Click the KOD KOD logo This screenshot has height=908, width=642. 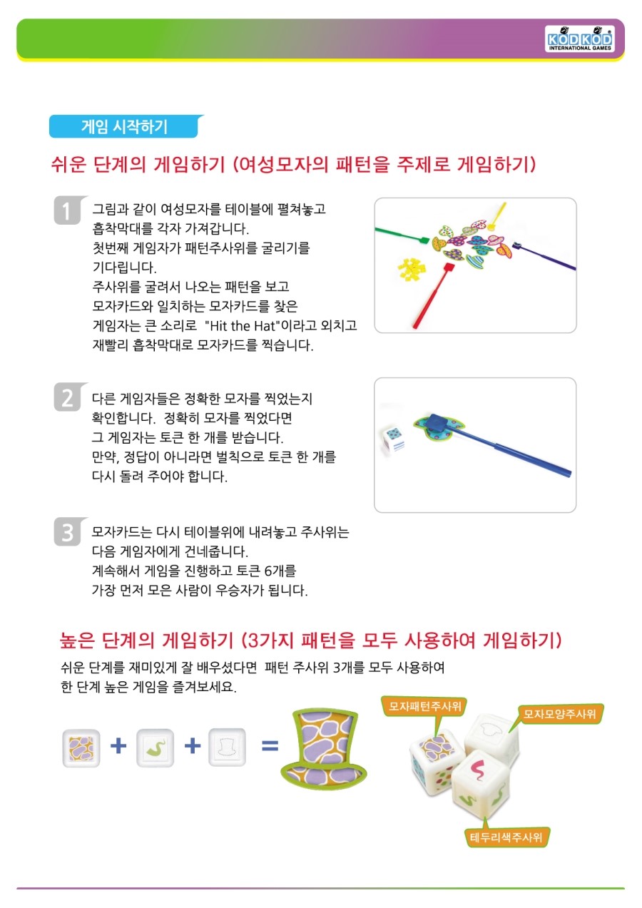click(579, 39)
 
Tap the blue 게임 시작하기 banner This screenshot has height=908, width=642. click(126, 126)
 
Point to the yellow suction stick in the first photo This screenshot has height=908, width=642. click(497, 215)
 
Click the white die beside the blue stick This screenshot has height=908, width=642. click(393, 438)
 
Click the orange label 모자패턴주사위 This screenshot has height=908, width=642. click(424, 707)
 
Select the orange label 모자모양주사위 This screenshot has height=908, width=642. click(559, 714)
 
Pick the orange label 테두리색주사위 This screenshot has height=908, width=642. click(506, 837)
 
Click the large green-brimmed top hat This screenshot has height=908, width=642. click(323, 749)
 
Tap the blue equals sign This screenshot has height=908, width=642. click(270, 745)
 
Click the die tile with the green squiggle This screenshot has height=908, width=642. click(156, 748)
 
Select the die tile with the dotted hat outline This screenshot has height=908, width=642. click(227, 747)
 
